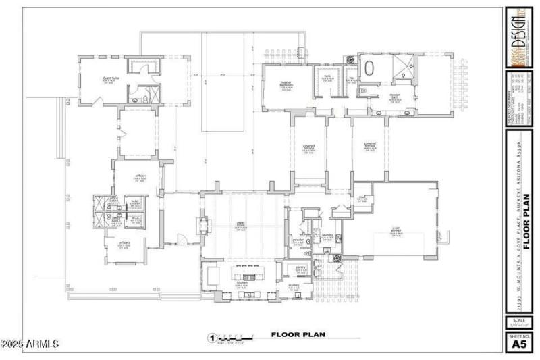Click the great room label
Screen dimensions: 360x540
[240, 226]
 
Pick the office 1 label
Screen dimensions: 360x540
[124, 243]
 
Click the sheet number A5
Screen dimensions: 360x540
[518, 344]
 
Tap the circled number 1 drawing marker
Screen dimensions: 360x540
[212, 338]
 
